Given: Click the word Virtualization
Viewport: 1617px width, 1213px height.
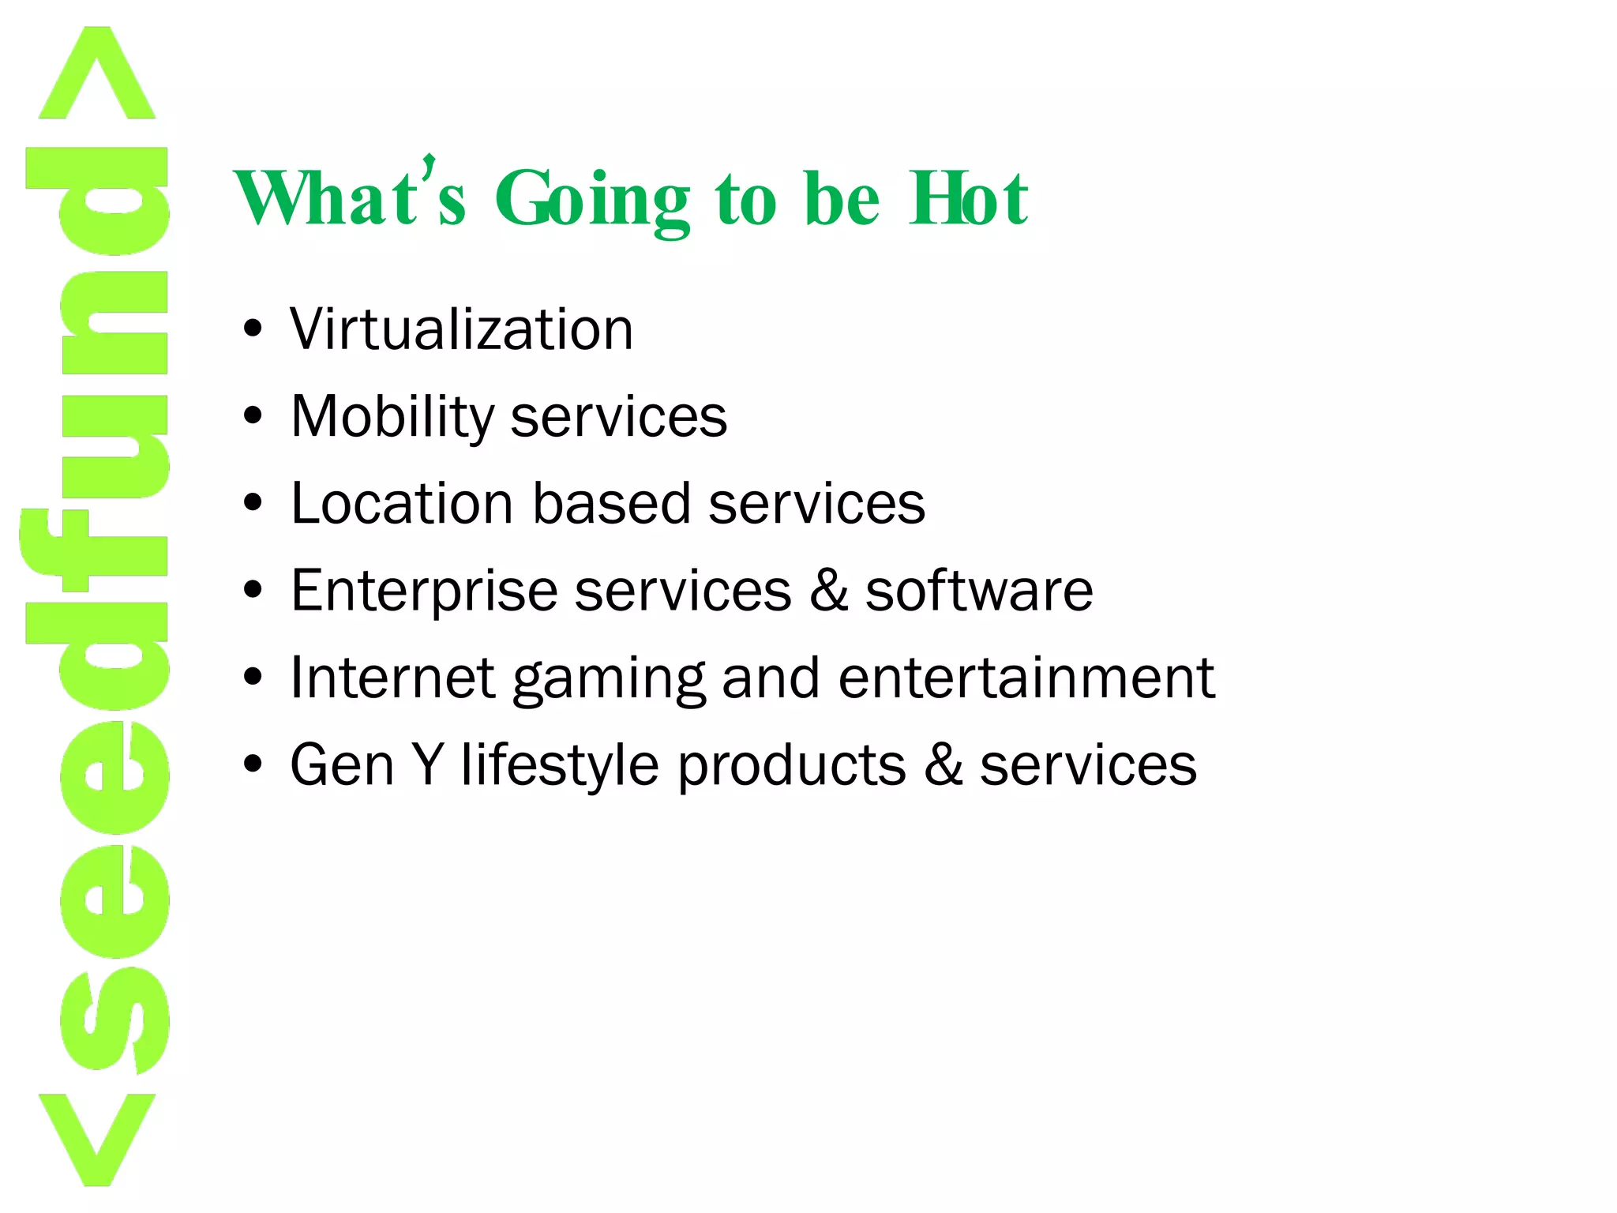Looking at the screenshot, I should (461, 329).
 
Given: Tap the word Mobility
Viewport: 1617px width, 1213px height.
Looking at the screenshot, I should (392, 417).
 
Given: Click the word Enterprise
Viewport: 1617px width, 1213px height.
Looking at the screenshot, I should (423, 591).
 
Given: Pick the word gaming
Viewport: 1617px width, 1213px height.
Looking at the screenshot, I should (608, 680).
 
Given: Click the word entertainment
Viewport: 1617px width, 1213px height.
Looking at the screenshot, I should (1026, 678).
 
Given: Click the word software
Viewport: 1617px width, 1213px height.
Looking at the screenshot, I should (979, 590).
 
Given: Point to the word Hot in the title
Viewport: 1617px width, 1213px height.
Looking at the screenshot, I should (968, 199).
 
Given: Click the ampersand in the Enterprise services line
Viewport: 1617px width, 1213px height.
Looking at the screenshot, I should (828, 590).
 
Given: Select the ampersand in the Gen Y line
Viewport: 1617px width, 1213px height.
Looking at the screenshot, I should (943, 764).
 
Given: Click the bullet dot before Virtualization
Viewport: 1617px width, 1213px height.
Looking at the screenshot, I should (253, 329).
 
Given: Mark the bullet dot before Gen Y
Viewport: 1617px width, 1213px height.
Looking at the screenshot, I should (253, 764).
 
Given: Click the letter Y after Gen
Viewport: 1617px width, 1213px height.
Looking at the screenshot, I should (427, 764).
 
